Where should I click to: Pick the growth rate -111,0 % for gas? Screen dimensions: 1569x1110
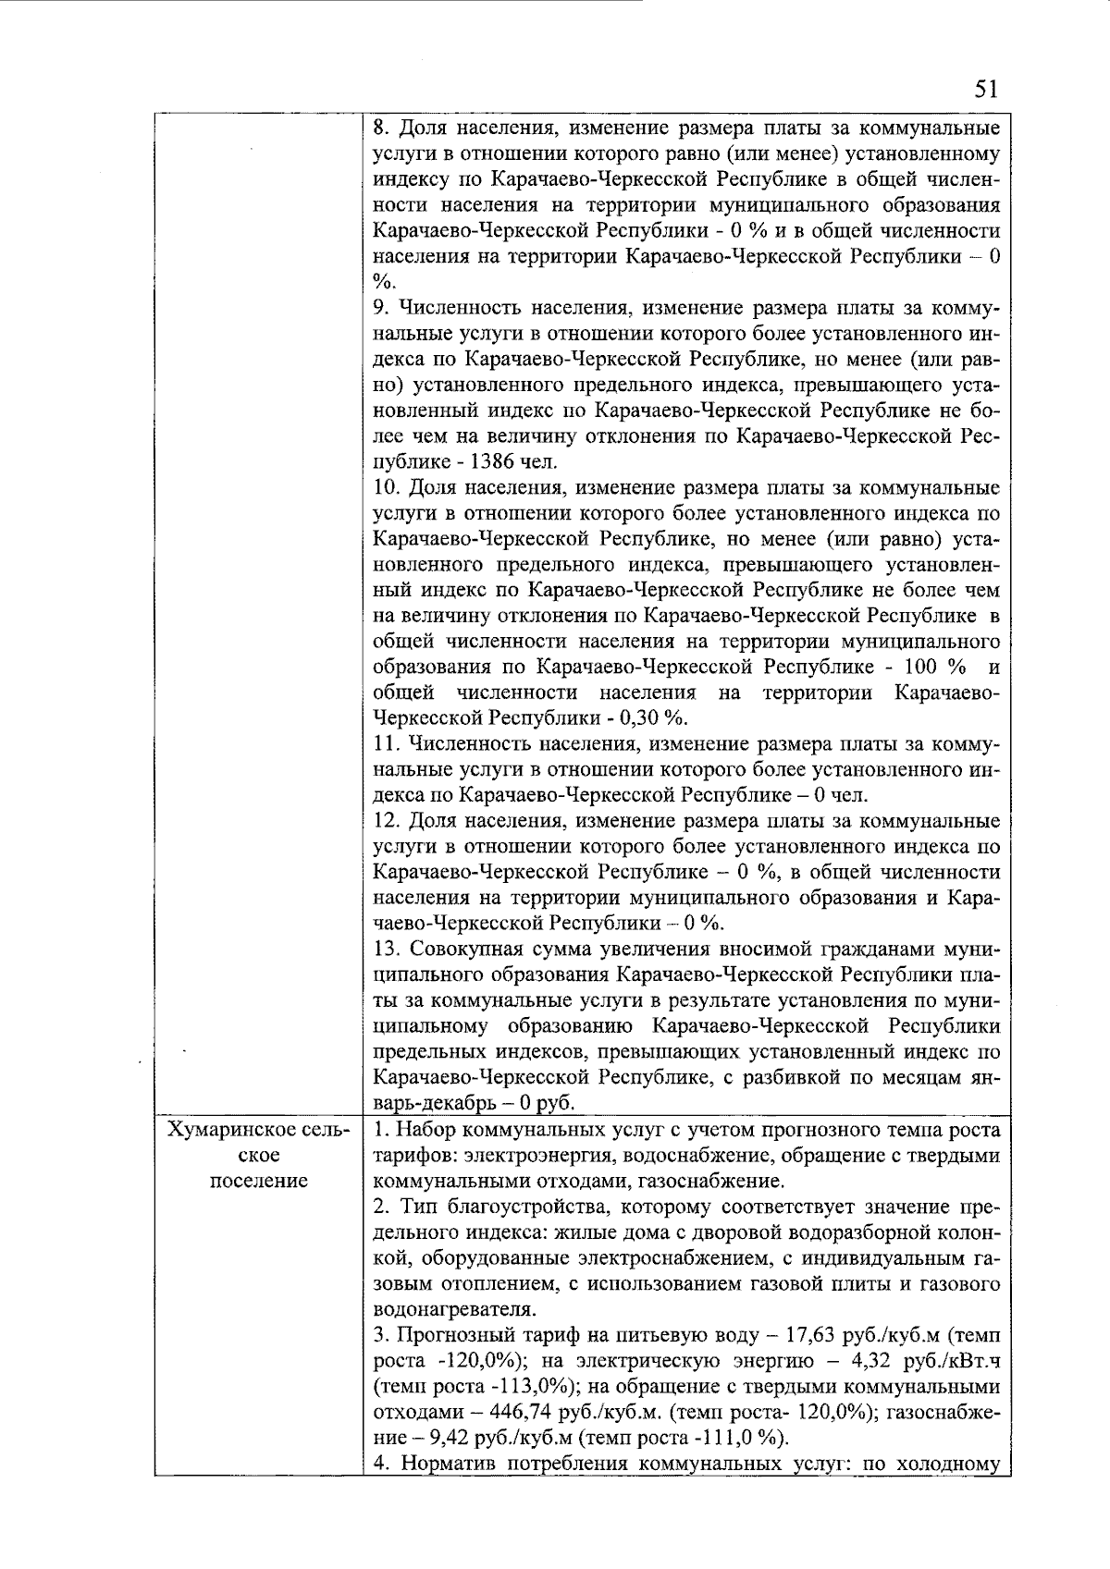pos(741,1437)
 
